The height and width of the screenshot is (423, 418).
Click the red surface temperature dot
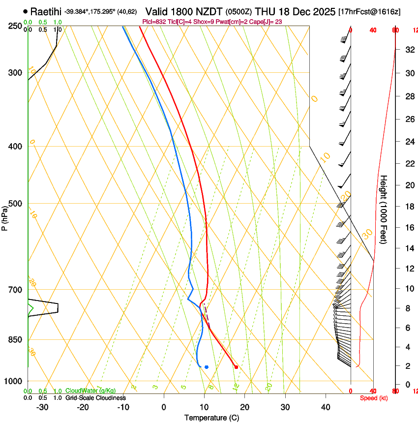point(236,367)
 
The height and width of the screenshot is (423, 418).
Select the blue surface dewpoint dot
point(207,367)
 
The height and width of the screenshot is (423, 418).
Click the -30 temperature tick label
point(42,407)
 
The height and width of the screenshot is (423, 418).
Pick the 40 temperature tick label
point(326,407)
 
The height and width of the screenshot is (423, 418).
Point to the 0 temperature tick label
point(164,407)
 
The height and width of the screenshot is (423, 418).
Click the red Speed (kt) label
point(374,398)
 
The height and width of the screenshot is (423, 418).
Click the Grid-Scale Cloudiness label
point(95,398)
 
